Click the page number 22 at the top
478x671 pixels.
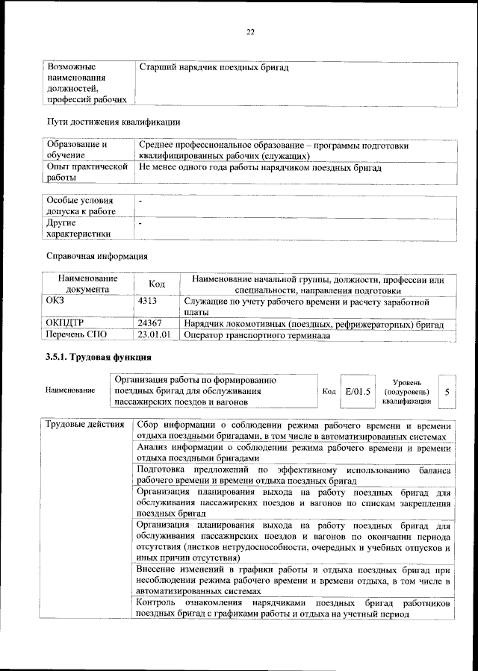[251, 31]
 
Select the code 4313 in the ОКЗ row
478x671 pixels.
[148, 302]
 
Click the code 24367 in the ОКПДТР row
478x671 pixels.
[151, 325]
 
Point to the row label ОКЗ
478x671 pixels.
[56, 302]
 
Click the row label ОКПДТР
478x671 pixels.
[65, 325]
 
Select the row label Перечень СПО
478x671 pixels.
[77, 335]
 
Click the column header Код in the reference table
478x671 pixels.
[157, 284]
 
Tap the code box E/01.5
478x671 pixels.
[358, 391]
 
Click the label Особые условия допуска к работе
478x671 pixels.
[81, 206]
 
